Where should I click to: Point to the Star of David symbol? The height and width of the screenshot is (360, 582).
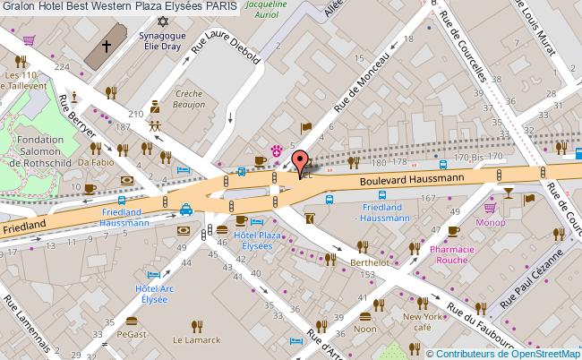coord(162,21)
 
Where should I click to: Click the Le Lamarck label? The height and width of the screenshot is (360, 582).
coord(195,340)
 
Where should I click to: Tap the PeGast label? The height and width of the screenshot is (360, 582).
coord(131,333)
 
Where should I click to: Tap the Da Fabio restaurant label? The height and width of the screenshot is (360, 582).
coord(95,163)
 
